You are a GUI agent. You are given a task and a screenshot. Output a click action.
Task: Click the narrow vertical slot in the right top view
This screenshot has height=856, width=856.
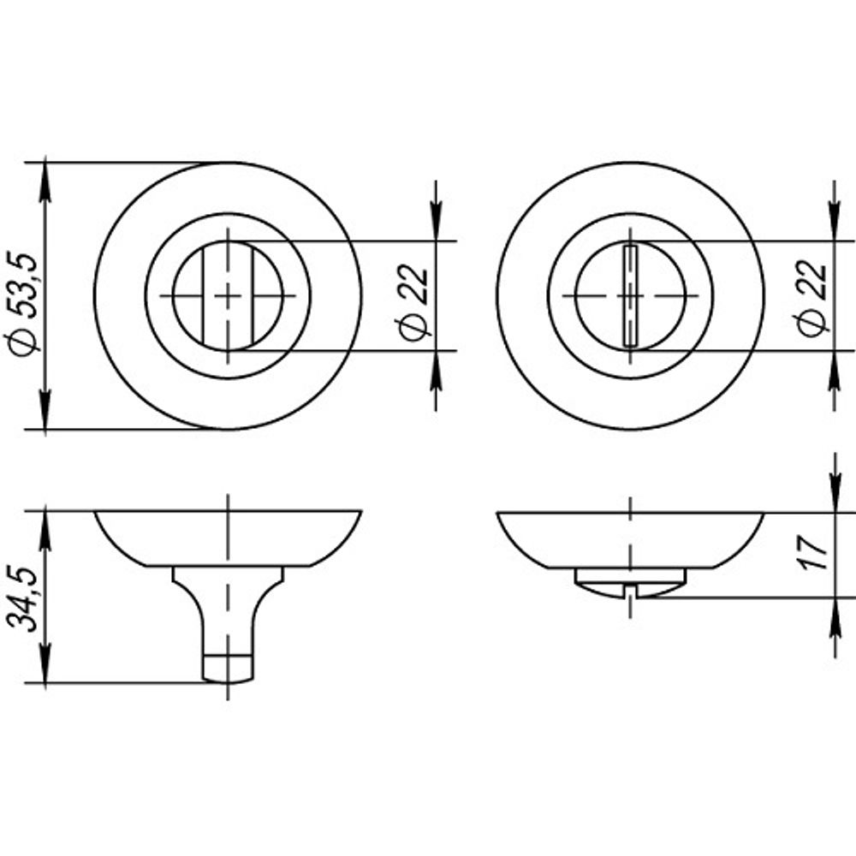point(630,295)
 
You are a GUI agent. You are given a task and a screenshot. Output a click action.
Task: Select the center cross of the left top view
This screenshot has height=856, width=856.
point(228,295)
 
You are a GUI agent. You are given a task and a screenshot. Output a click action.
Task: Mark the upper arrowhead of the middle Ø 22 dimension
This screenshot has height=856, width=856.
point(435,227)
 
